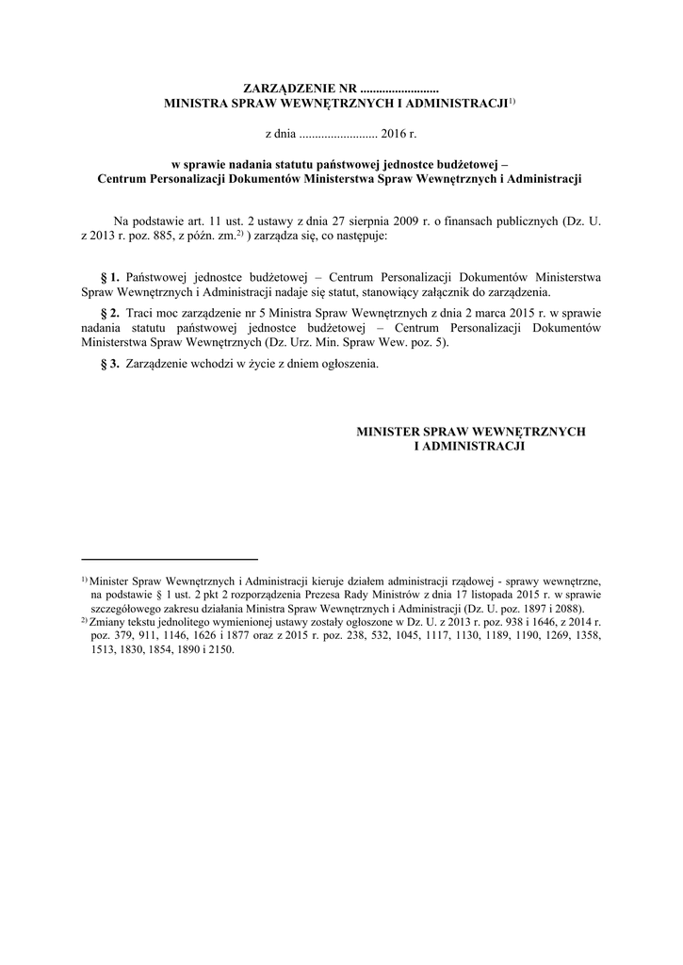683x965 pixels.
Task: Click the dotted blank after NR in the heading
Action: [x=400, y=89]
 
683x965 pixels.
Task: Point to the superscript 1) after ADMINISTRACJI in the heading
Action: [x=512, y=99]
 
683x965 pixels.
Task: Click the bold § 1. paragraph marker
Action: [x=109, y=278]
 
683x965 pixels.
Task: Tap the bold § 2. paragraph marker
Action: [x=109, y=312]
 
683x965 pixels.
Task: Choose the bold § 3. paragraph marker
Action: [x=109, y=365]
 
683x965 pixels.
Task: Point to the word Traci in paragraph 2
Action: [x=139, y=312]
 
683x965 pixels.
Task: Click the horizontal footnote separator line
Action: [x=170, y=559]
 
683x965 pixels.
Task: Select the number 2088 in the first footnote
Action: [x=567, y=609]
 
